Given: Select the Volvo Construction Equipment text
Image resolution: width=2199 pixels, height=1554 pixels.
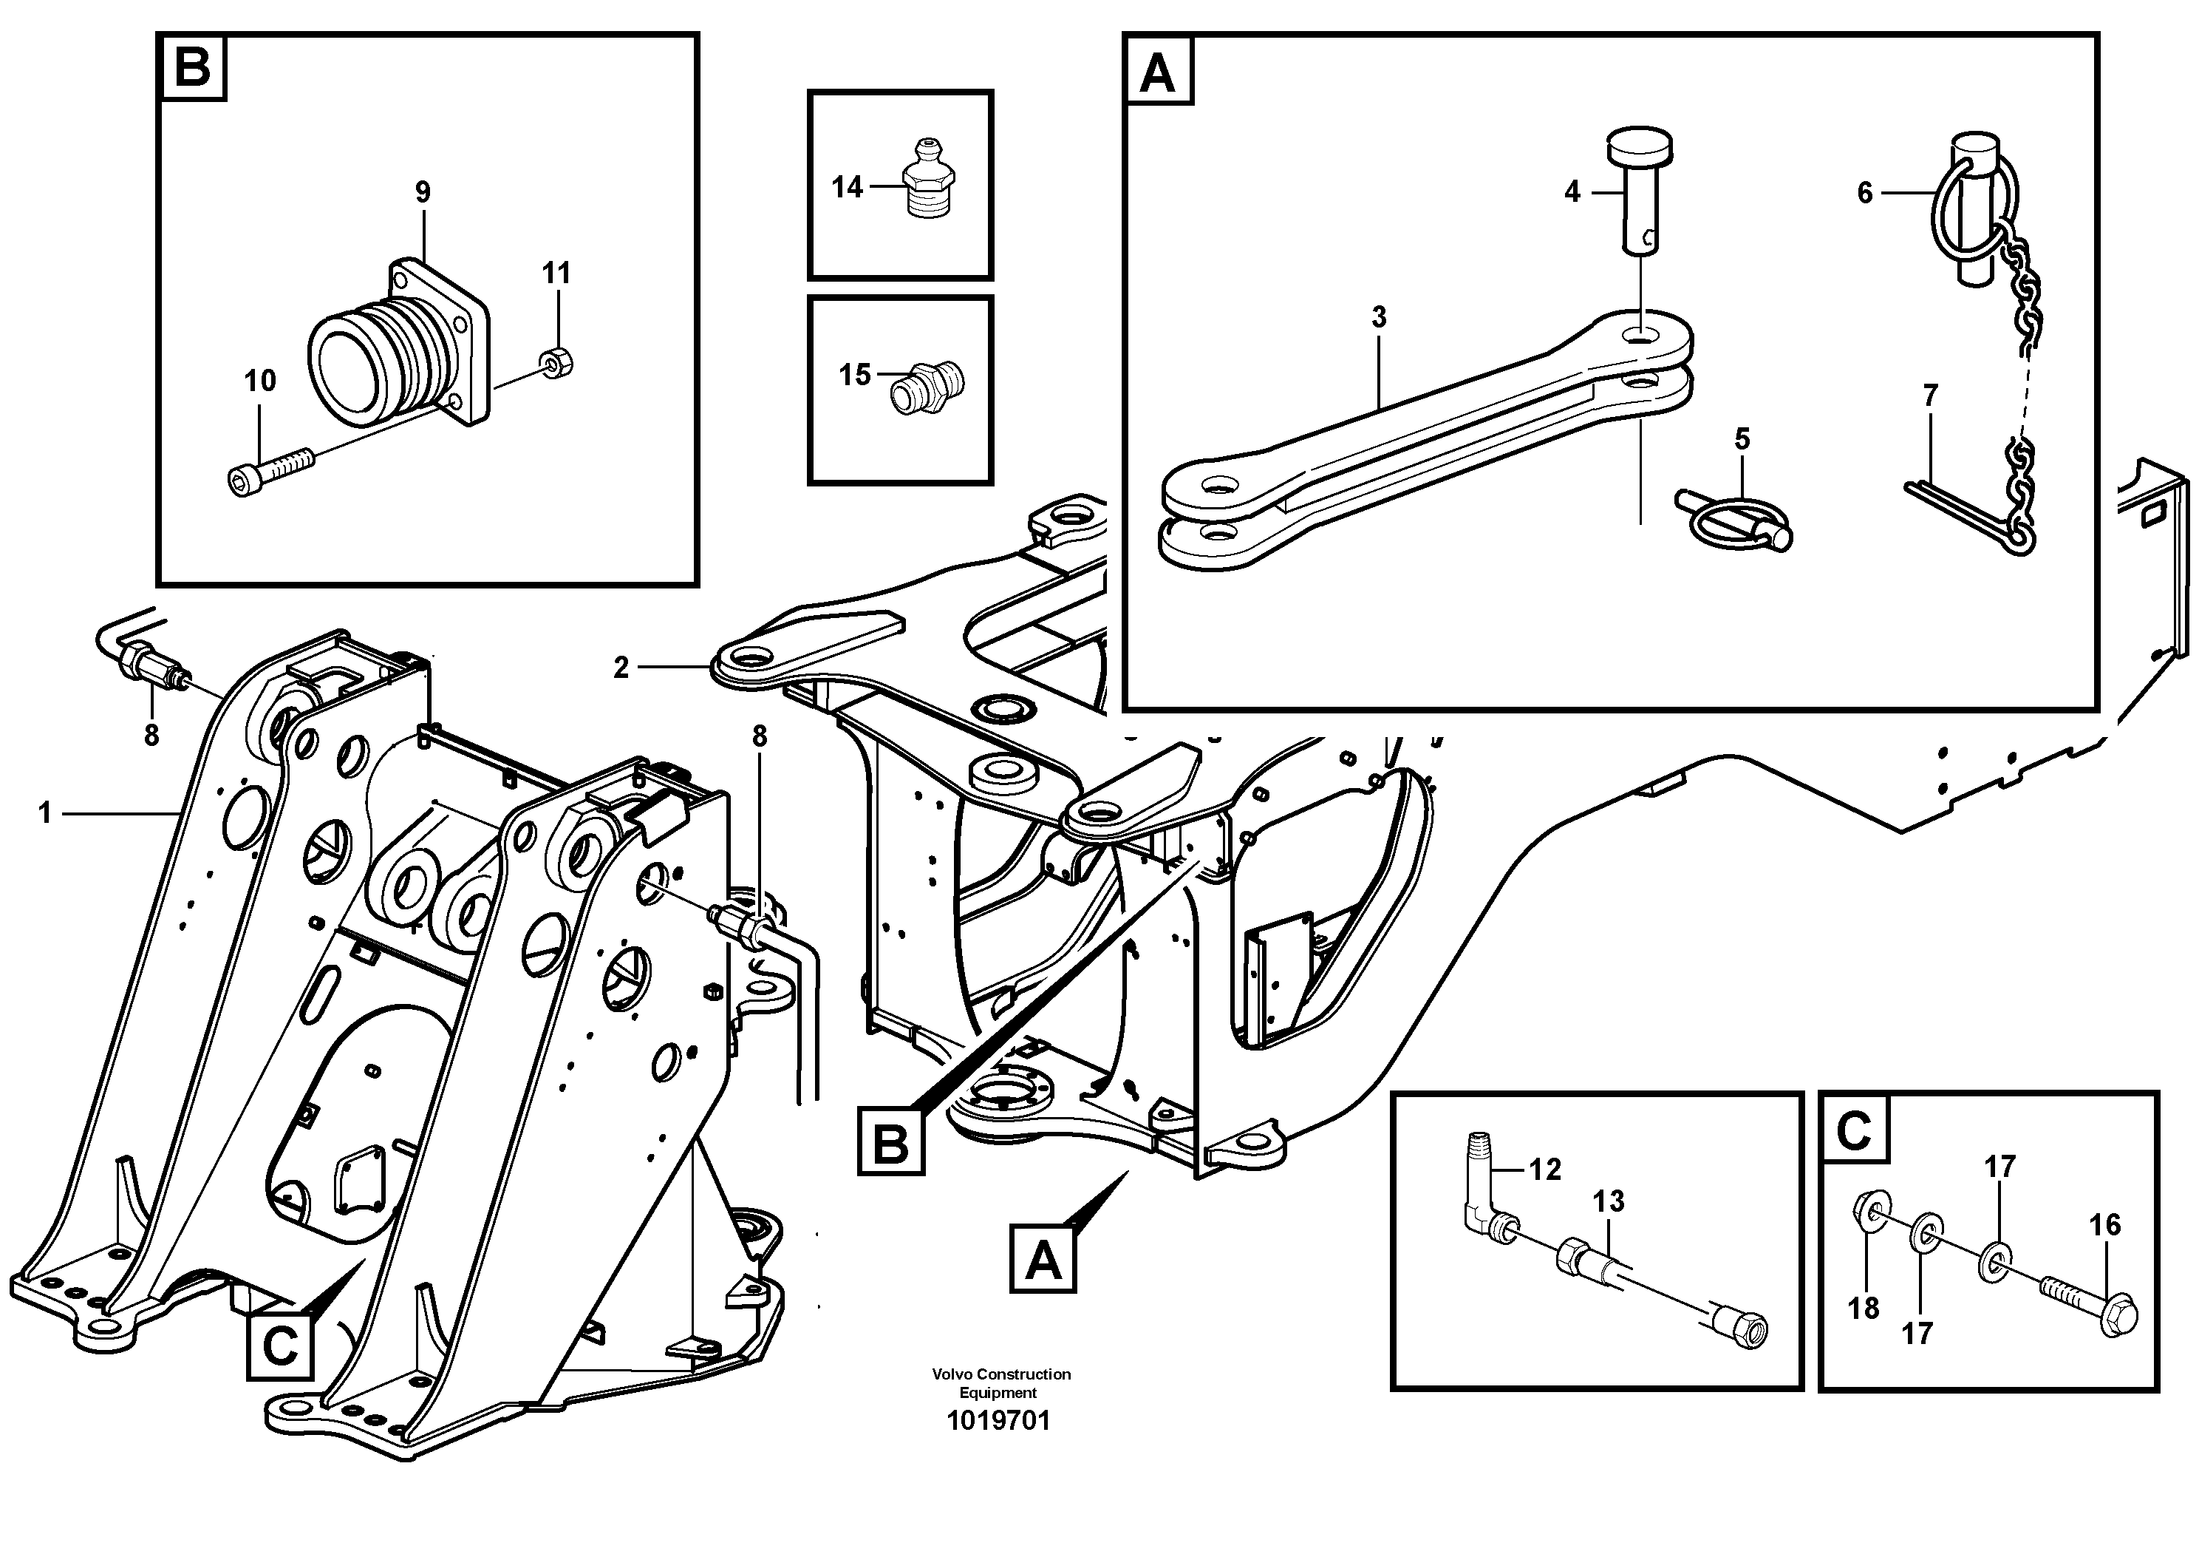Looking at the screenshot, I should click(1000, 1382).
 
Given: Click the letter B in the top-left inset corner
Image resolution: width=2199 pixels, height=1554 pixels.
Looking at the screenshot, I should click(194, 68).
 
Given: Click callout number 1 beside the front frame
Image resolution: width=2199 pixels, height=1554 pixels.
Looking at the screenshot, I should click(44, 813).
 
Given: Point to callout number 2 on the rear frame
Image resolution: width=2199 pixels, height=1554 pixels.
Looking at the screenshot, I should click(621, 668).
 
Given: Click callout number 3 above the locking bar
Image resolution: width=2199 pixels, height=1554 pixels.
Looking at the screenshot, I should click(1378, 317).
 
